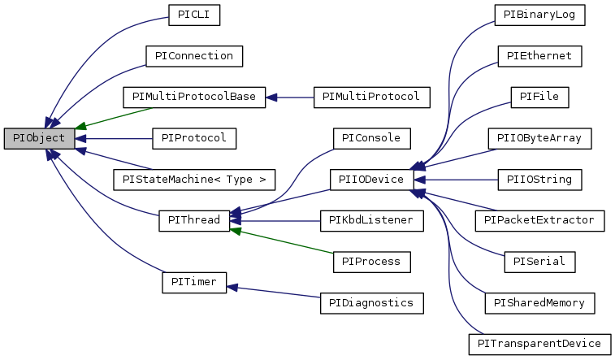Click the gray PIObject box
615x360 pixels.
[40, 138]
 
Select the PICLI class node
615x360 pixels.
[195, 15]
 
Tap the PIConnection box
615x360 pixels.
[194, 56]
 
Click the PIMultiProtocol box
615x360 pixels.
[370, 97]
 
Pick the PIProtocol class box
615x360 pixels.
[194, 138]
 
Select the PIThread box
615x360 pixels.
[194, 220]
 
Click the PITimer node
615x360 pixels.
[193, 282]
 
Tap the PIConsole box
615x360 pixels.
[370, 138]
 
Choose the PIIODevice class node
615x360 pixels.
[370, 179]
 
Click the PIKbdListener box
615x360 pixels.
[370, 220]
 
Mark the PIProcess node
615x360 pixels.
[370, 261]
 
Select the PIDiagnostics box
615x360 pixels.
[370, 302]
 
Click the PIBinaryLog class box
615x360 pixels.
[539, 15]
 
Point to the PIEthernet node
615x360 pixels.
[539, 56]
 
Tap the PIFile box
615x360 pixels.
[539, 97]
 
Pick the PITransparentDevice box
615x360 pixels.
[539, 344]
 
